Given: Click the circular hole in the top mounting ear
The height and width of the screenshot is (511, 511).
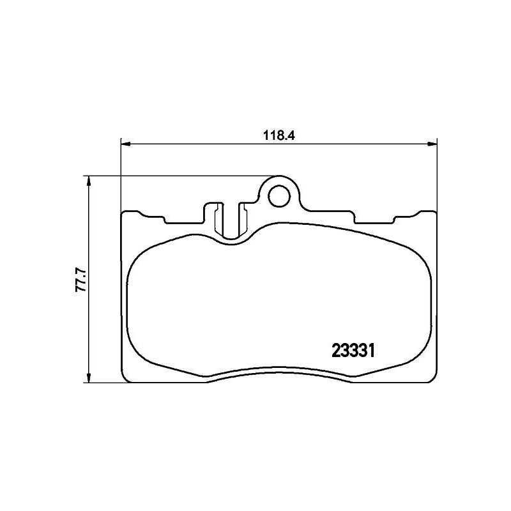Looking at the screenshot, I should [x=278, y=196].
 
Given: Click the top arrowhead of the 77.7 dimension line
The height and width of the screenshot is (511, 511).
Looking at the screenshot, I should [x=88, y=181].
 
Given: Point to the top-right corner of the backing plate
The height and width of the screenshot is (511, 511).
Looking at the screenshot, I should [x=434, y=213].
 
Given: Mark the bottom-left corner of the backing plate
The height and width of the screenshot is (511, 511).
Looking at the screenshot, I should [x=125, y=380].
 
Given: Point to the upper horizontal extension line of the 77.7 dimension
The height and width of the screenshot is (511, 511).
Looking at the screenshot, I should [x=179, y=176].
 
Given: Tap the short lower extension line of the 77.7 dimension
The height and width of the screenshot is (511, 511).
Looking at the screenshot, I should [x=102, y=383].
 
